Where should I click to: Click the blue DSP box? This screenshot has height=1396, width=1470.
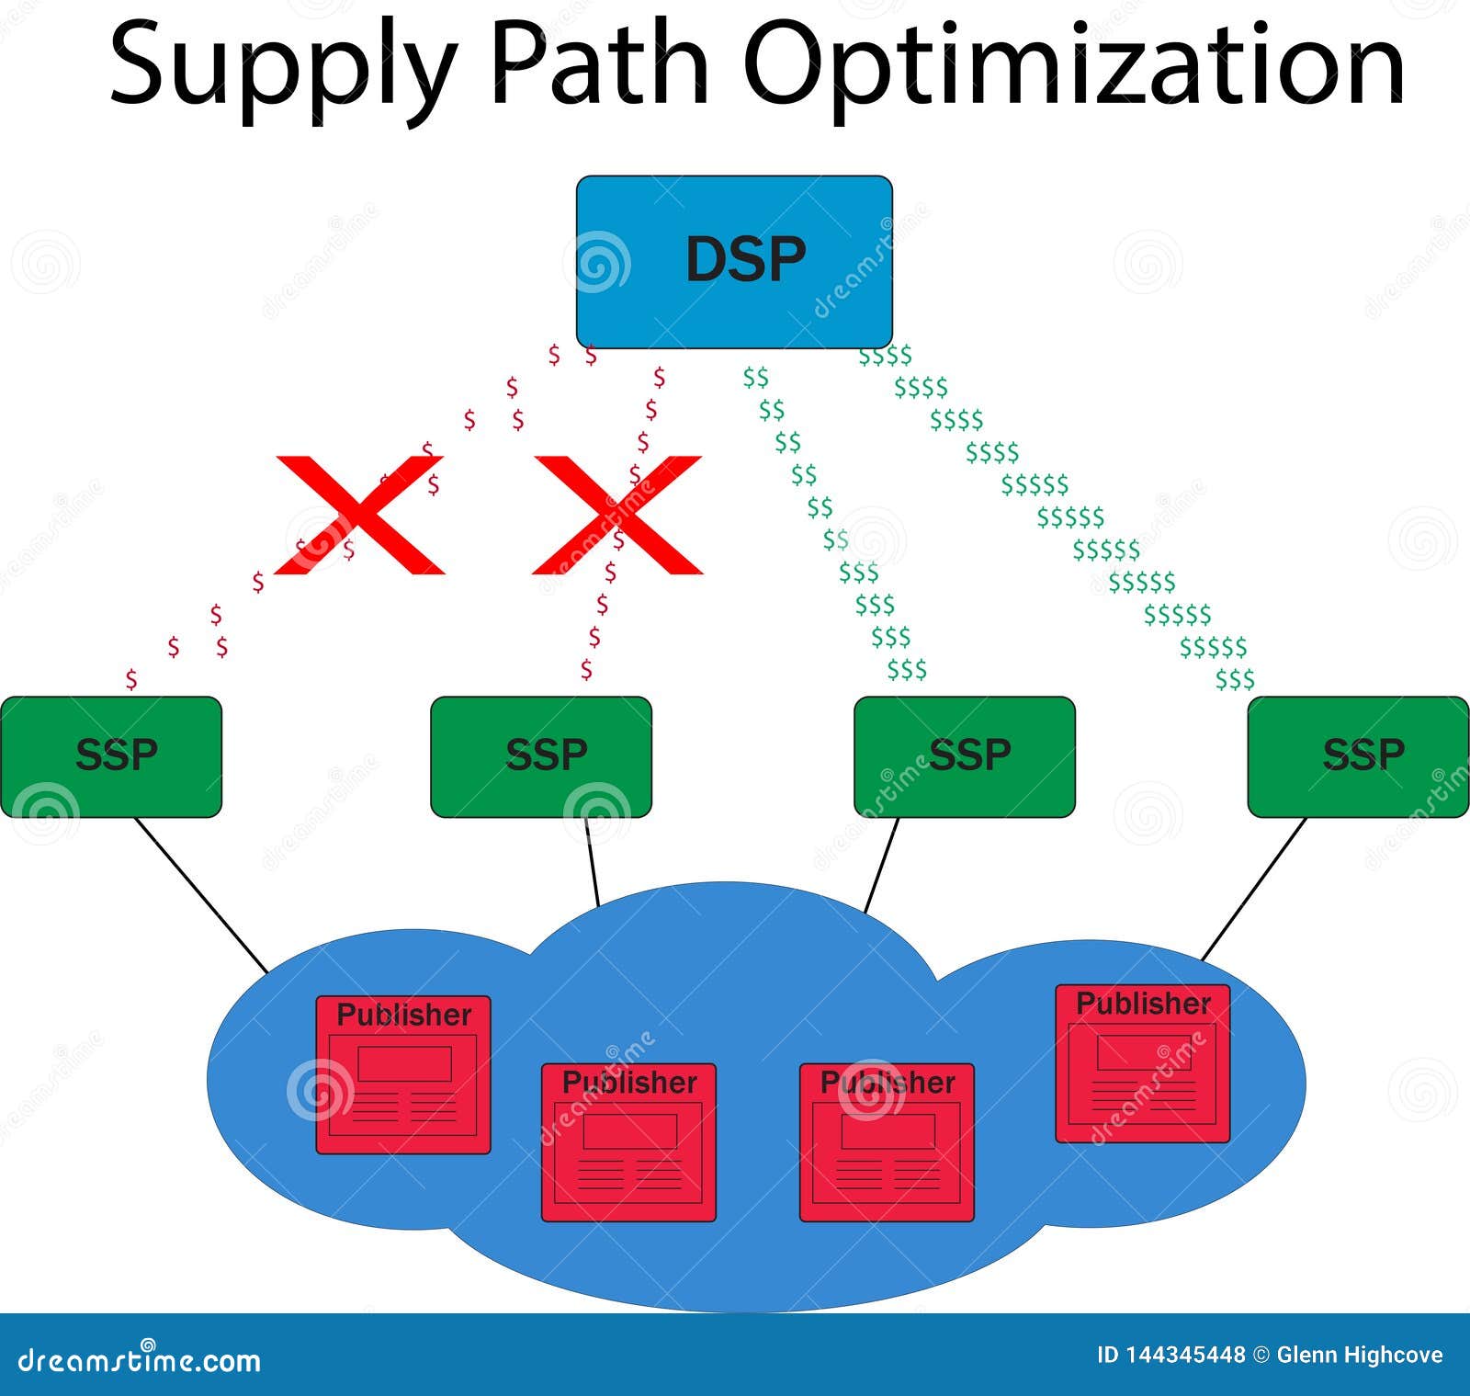click(x=734, y=262)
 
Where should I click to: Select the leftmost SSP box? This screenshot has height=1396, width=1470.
click(x=111, y=756)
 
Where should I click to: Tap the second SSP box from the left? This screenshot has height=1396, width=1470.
click(x=541, y=756)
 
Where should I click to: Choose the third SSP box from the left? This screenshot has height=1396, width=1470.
click(x=965, y=756)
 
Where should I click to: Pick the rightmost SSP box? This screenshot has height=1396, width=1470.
click(x=1359, y=756)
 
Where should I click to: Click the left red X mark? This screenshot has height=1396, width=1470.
click(x=360, y=515)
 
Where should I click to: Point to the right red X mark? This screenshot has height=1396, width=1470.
click(x=617, y=515)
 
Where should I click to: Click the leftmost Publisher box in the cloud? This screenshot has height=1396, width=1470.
click(x=403, y=1074)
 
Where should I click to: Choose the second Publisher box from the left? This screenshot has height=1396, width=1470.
click(x=628, y=1142)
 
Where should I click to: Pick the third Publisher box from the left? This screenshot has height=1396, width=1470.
click(x=887, y=1142)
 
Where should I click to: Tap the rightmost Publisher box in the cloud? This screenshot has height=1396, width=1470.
click(x=1143, y=1063)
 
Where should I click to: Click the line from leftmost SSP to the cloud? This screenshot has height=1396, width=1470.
click(x=201, y=895)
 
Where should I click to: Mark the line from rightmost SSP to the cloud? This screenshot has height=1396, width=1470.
click(x=1254, y=889)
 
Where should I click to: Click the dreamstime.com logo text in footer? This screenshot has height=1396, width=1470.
click(x=140, y=1358)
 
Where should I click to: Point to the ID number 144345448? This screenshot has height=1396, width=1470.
click(x=1171, y=1355)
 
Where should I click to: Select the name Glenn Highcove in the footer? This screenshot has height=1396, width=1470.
click(x=1360, y=1355)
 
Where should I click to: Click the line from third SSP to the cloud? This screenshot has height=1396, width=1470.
click(x=882, y=865)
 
